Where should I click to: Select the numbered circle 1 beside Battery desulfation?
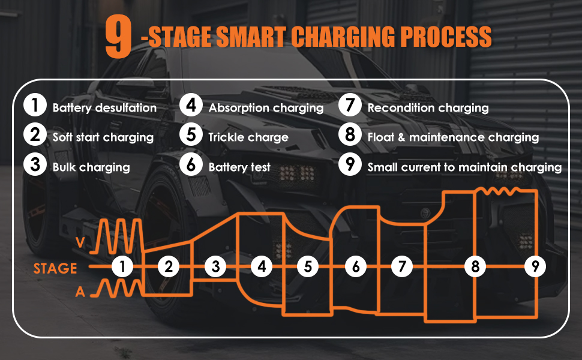point(35,107)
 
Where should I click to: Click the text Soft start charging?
point(103,137)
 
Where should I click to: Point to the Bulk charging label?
point(91,167)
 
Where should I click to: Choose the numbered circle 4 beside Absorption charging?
point(191,107)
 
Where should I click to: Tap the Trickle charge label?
point(248,137)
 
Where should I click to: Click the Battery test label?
point(239,167)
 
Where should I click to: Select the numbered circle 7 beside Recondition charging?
point(349,107)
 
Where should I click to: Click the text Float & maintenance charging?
point(453,137)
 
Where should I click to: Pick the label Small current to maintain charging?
point(464,167)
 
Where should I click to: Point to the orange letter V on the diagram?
point(81,242)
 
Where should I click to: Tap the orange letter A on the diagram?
point(80,292)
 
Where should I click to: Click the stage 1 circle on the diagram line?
point(122,266)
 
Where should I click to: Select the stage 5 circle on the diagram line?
point(308,266)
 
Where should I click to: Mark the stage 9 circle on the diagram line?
point(535,266)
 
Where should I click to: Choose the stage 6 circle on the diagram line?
point(356,266)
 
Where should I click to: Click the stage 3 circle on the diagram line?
point(215,266)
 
